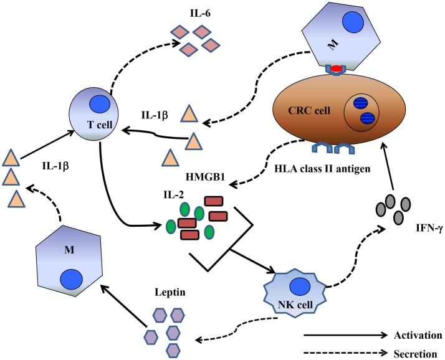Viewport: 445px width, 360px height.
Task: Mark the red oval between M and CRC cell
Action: [336, 68]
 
